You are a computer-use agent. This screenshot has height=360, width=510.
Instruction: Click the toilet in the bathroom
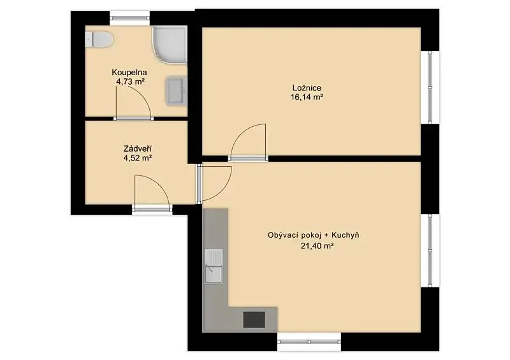[99, 40]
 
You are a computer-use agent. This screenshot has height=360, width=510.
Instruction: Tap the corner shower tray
[170, 45]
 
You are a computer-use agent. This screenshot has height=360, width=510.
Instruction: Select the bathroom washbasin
[177, 90]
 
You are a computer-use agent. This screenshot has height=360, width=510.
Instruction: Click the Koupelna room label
[129, 72]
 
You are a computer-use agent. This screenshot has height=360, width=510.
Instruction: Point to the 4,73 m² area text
[131, 82]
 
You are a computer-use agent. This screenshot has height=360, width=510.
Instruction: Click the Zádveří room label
[138, 149]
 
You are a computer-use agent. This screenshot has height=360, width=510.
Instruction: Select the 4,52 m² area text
[138, 158]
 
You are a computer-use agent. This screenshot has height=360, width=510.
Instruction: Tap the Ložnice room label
[307, 88]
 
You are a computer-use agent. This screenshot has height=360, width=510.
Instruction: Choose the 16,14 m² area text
[307, 97]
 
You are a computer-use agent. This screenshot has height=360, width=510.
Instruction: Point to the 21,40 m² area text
[317, 246]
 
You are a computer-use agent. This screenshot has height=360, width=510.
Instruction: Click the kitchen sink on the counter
[214, 266]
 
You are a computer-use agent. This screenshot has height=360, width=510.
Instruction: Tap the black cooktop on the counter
[254, 319]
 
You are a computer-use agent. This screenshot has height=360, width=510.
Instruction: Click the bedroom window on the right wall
[430, 87]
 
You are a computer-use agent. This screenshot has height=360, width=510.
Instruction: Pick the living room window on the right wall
[430, 251]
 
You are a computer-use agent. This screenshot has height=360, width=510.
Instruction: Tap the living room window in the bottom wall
[309, 342]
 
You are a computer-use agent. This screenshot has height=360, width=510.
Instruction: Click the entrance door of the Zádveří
[152, 194]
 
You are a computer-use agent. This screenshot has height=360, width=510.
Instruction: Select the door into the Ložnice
[249, 143]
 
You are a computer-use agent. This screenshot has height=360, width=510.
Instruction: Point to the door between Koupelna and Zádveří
[133, 103]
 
